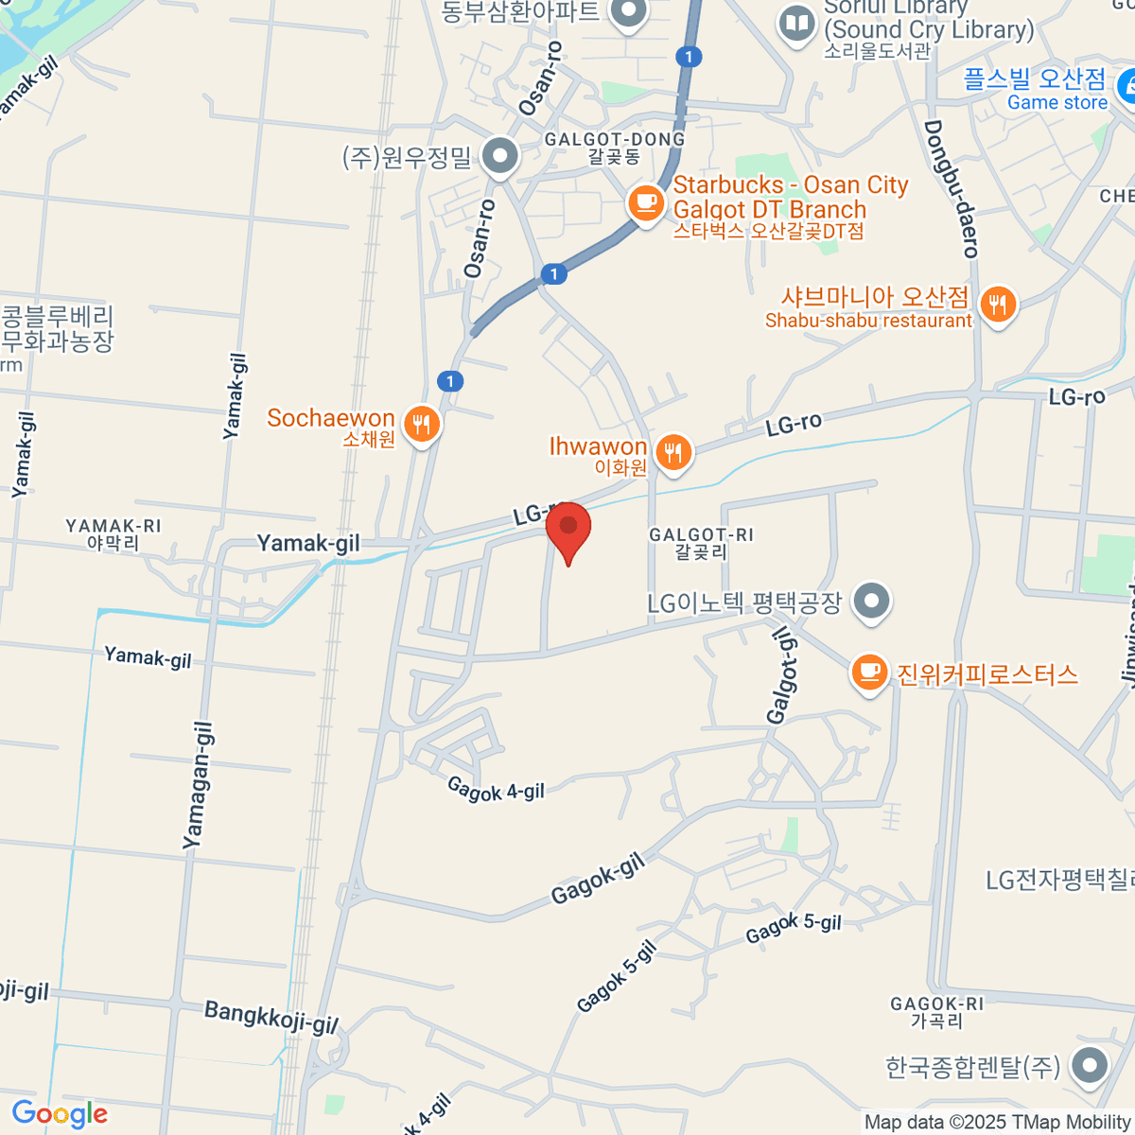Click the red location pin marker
point(568,531)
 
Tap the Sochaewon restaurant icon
point(422,424)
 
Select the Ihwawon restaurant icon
point(672,452)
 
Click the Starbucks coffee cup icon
point(646,201)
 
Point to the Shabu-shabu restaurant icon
point(997,305)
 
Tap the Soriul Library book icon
point(796,25)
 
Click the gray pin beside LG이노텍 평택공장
point(871,601)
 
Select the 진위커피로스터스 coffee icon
point(869,672)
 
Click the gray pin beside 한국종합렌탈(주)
point(1090,1065)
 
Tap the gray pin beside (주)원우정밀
point(499,155)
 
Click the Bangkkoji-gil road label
point(271,1017)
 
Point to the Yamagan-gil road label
point(198,785)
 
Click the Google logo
point(60,1114)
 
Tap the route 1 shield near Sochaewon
point(450,381)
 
